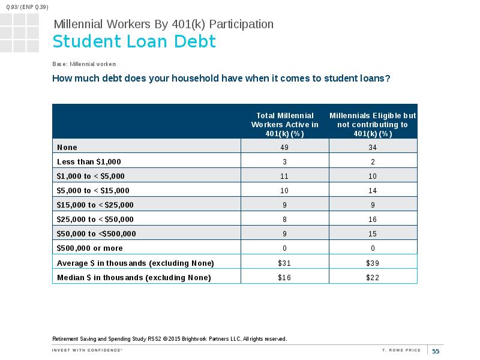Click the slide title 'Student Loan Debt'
[x=134, y=41]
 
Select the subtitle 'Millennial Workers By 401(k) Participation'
[x=163, y=24]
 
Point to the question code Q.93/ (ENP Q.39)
[x=27, y=7]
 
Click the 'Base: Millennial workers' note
[x=84, y=64]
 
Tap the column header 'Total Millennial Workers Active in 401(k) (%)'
[x=284, y=125]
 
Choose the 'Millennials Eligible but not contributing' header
[x=373, y=125]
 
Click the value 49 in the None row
[x=284, y=147]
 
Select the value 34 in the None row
[x=373, y=147]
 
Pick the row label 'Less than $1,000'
[x=89, y=161]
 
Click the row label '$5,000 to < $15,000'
[x=93, y=190]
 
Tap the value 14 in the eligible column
[x=373, y=190]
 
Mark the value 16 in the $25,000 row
[x=373, y=219]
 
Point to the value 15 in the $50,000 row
[x=373, y=233]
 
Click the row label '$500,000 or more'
[x=89, y=248]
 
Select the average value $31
[x=284, y=263]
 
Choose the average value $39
[x=373, y=263]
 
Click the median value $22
[x=373, y=277]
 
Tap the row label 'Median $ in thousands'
[x=134, y=277]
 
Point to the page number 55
[x=436, y=351]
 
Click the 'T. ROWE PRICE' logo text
[x=401, y=350]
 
